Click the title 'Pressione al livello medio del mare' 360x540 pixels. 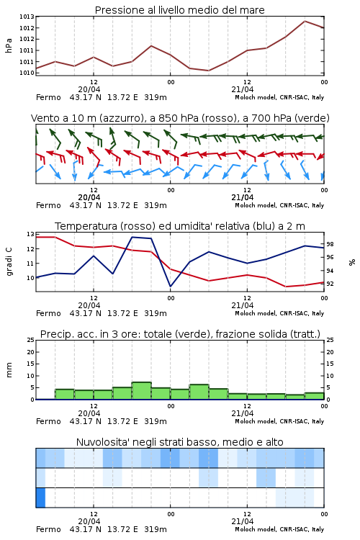click(179, 10)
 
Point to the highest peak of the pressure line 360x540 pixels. click(305, 21)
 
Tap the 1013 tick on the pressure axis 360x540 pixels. click(27, 17)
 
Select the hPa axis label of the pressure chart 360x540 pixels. click(9, 45)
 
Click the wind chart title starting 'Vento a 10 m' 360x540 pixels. click(180, 118)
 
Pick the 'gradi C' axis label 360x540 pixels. click(9, 262)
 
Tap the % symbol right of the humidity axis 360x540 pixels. click(352, 262)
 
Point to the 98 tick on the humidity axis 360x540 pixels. click(330, 244)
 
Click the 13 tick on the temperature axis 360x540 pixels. click(30, 234)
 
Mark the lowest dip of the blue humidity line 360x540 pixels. click(171, 286)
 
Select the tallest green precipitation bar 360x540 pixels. click(142, 390)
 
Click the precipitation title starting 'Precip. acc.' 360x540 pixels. click(180, 334)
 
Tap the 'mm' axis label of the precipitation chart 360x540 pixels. click(9, 370)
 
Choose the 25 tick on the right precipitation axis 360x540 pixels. click(330, 340)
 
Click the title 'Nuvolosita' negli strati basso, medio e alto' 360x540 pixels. click(179, 442)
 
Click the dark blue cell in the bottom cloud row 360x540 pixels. click(40, 498)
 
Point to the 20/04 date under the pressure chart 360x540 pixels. click(89, 89)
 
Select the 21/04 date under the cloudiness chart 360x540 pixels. click(243, 521)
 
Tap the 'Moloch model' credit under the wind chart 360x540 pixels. click(256, 205)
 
